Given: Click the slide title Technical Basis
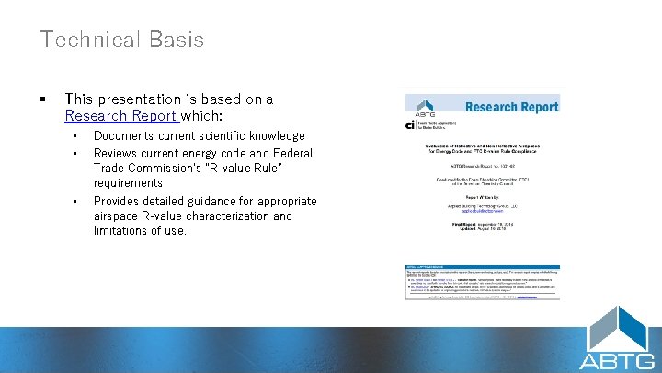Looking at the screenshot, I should (x=121, y=40).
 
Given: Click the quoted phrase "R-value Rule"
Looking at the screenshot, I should (x=202, y=169).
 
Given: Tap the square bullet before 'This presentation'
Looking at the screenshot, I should (x=43, y=99).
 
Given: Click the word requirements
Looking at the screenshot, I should (x=128, y=183).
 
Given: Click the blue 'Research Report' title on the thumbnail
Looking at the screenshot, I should (x=511, y=107).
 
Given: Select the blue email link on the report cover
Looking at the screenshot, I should (x=482, y=211).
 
